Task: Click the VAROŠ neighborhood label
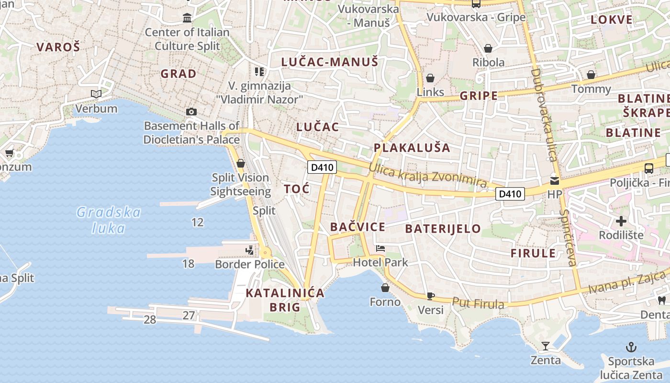(x=58, y=47)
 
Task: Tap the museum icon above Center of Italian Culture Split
(x=187, y=18)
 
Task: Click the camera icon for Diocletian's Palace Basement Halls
(x=191, y=112)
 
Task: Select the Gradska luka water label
(x=109, y=220)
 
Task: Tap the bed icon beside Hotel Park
(x=380, y=248)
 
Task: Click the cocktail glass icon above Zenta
(x=545, y=346)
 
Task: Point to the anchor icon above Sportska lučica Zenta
(x=631, y=347)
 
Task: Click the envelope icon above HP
(x=554, y=181)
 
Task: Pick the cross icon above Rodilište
(x=621, y=221)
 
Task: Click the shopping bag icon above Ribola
(x=488, y=48)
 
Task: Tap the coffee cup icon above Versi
(x=430, y=296)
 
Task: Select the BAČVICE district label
(x=357, y=227)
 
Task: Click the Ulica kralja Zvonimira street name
(x=427, y=176)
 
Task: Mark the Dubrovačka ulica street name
(x=544, y=115)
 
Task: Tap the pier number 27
(x=189, y=315)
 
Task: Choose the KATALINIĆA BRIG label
(x=285, y=300)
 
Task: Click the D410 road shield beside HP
(x=510, y=194)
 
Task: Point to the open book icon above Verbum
(x=96, y=94)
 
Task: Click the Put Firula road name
(x=478, y=303)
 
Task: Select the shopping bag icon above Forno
(x=385, y=288)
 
